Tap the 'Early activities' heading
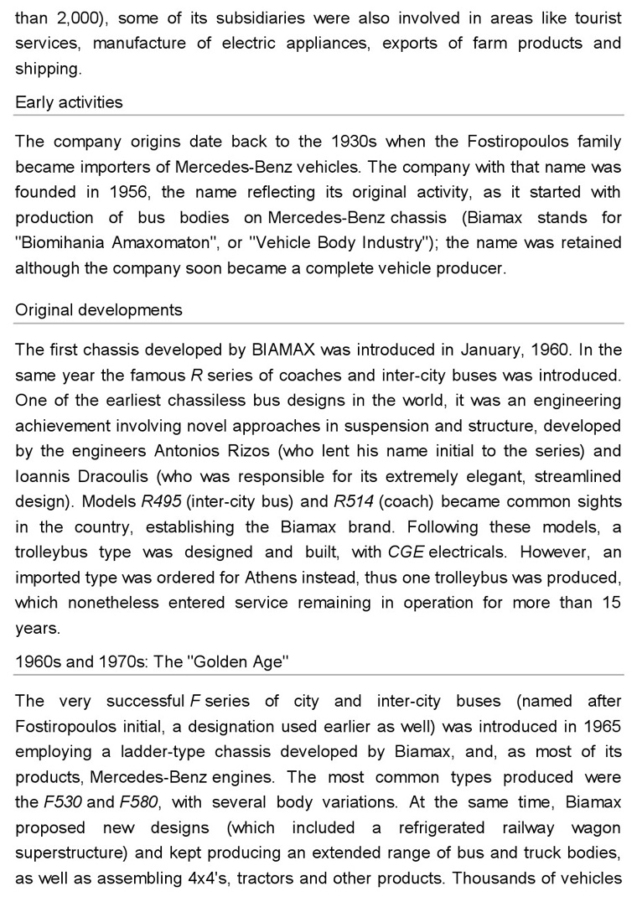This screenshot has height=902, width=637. coord(69,102)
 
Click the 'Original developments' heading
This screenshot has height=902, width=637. coord(98,309)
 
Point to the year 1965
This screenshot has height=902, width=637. coord(602,726)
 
